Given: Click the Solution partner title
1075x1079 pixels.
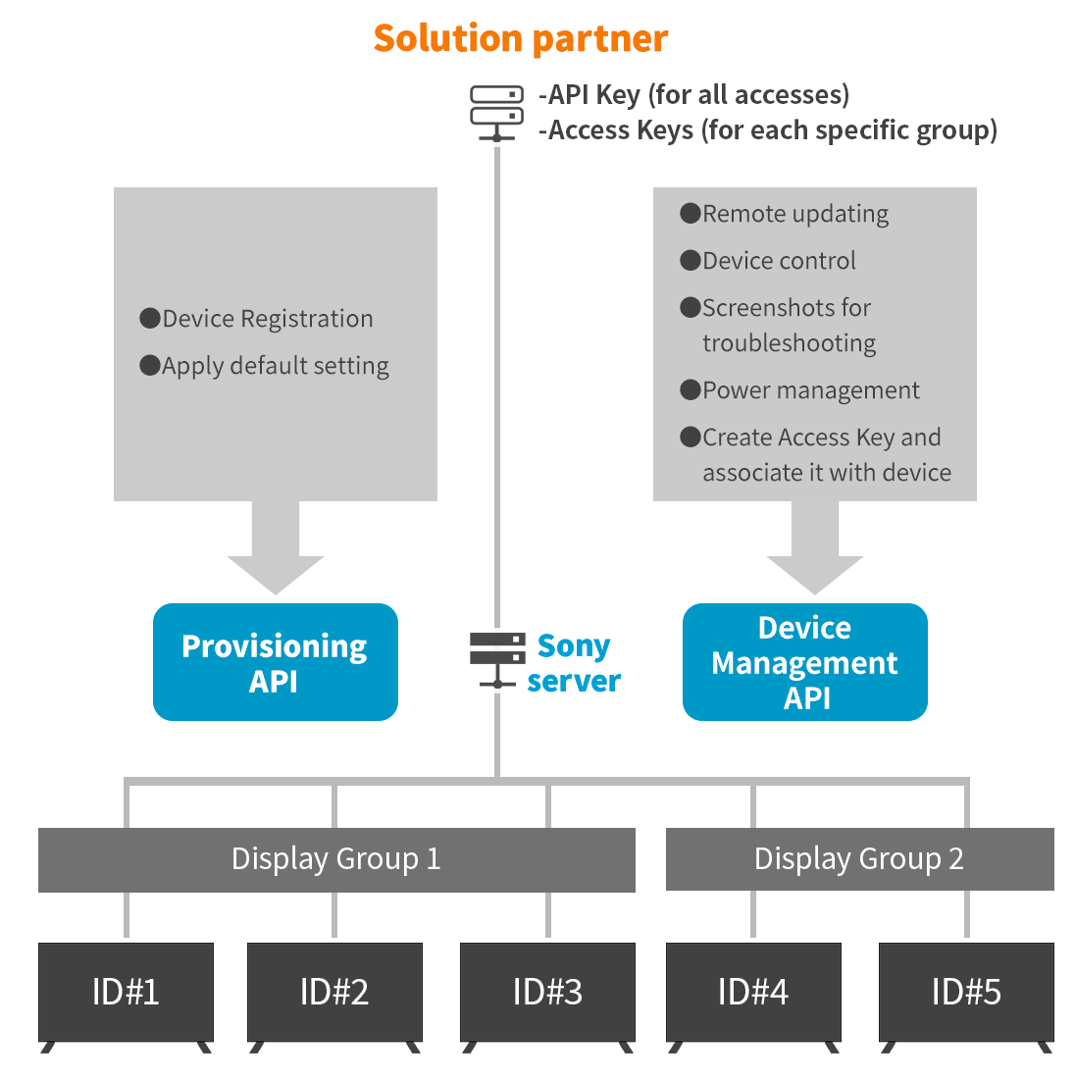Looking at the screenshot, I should (x=520, y=39).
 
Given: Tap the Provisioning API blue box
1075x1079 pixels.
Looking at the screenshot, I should (x=275, y=662).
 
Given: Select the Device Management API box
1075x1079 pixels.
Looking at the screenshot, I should (x=804, y=662).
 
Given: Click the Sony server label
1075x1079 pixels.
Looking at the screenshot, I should (x=574, y=663).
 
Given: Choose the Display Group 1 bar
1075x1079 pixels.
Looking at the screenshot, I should (x=336, y=859).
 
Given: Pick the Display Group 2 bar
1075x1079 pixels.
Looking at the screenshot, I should (x=859, y=859).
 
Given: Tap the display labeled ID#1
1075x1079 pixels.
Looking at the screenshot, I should (x=126, y=992).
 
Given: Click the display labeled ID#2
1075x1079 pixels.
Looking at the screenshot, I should (x=334, y=992).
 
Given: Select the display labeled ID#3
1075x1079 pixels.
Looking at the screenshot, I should (x=547, y=992).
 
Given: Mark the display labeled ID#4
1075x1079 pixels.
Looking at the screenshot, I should (x=753, y=992).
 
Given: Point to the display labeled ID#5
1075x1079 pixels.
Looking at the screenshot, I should (x=966, y=992).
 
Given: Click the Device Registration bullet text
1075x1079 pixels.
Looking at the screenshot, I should (x=267, y=319).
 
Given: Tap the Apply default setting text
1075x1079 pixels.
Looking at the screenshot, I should (x=275, y=366).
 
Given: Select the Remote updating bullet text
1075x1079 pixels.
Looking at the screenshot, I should (x=794, y=214).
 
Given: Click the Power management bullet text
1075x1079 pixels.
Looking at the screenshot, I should (x=810, y=390).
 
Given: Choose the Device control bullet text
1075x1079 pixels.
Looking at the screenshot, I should (x=779, y=261).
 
